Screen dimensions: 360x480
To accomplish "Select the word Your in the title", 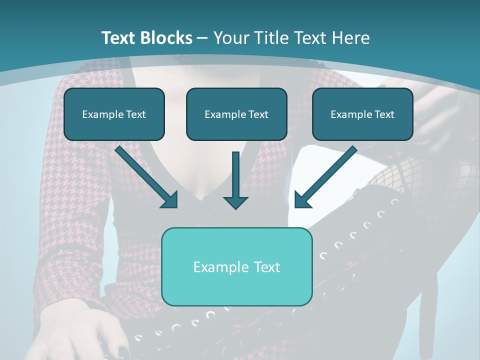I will pyautogui.click(x=229, y=38).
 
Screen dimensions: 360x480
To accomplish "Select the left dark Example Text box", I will pyautogui.click(x=114, y=114).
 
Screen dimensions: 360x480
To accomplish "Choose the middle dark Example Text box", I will pyautogui.click(x=236, y=114).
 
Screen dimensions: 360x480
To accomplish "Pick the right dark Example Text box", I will pyautogui.click(x=362, y=114).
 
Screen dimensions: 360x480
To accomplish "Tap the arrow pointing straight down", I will pyautogui.click(x=235, y=180).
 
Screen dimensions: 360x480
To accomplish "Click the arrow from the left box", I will pyautogui.click(x=147, y=177).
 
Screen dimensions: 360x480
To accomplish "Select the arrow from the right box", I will pyautogui.click(x=325, y=177).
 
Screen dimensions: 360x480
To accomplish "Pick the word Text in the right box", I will pyautogui.click(x=384, y=114).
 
